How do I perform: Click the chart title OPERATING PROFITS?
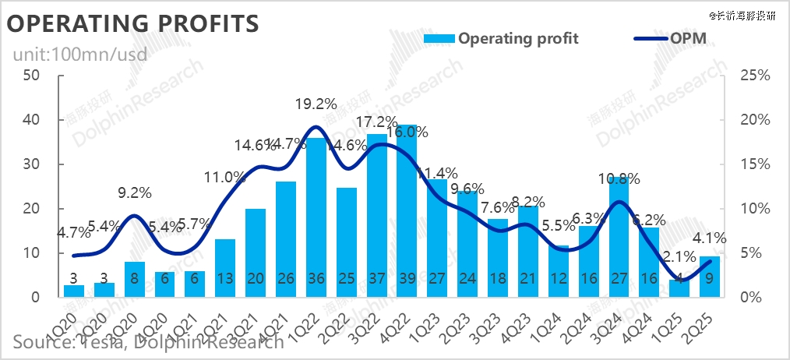tap(132, 23)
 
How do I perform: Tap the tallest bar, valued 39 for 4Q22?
tap(407, 210)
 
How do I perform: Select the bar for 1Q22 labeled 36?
tap(316, 218)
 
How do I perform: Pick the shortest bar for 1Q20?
tap(74, 291)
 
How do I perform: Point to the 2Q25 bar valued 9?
tap(710, 277)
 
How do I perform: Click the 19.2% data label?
tap(316, 104)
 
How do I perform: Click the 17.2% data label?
tap(376, 122)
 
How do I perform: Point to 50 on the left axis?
tap(32, 76)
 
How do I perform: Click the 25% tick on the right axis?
tap(753, 76)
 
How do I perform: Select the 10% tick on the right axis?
tap(753, 209)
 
